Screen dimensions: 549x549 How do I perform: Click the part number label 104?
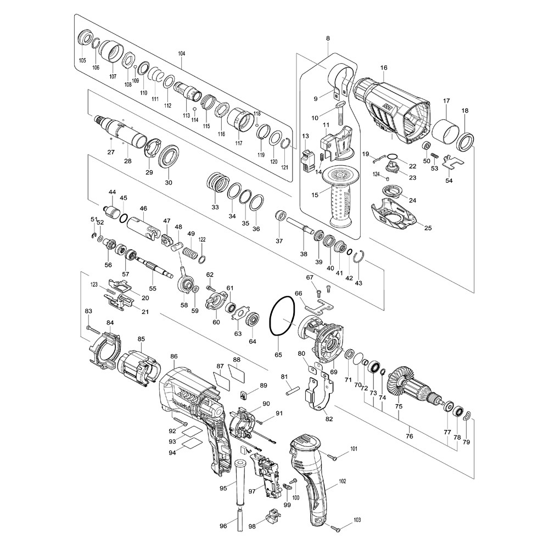tap(181, 54)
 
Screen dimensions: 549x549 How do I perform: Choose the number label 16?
tap(384, 68)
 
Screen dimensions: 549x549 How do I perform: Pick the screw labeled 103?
tap(335, 526)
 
